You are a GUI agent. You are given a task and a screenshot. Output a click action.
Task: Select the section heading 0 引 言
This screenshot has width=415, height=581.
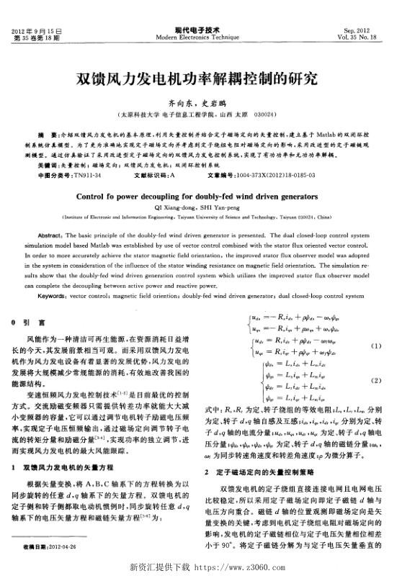[x=30, y=322]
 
